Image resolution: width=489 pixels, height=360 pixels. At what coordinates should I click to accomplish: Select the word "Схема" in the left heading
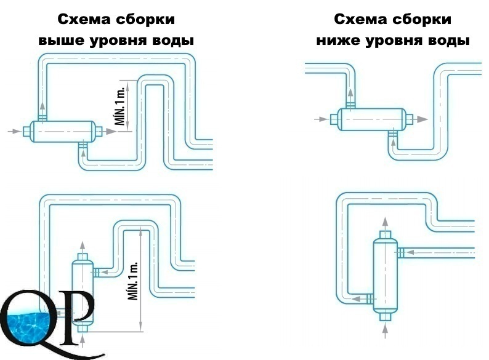point(84,19)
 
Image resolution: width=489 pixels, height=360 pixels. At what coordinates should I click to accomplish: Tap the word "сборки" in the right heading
point(421,19)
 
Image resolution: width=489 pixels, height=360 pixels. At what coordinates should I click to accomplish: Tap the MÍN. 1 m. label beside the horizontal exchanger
point(121,106)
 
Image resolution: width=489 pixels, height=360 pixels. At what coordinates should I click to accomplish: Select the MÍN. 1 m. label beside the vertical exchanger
point(134,281)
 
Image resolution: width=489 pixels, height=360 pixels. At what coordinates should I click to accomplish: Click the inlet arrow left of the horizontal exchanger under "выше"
point(15,131)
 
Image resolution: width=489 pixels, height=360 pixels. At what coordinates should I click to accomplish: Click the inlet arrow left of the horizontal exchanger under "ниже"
point(321,119)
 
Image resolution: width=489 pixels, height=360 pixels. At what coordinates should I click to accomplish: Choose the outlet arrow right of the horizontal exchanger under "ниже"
point(421,119)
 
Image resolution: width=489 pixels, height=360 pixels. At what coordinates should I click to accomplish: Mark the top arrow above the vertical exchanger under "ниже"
point(386,224)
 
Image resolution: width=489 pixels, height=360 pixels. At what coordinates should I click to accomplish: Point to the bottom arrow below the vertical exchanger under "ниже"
point(386,330)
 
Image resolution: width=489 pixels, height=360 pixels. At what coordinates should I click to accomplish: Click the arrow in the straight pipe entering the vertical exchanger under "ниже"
point(409,252)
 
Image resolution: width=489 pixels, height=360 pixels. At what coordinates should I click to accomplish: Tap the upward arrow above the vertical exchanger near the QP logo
point(83,248)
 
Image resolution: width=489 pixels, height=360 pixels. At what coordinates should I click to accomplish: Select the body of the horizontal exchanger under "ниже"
point(372,119)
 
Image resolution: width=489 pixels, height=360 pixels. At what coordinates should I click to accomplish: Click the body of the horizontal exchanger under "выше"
point(63,132)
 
